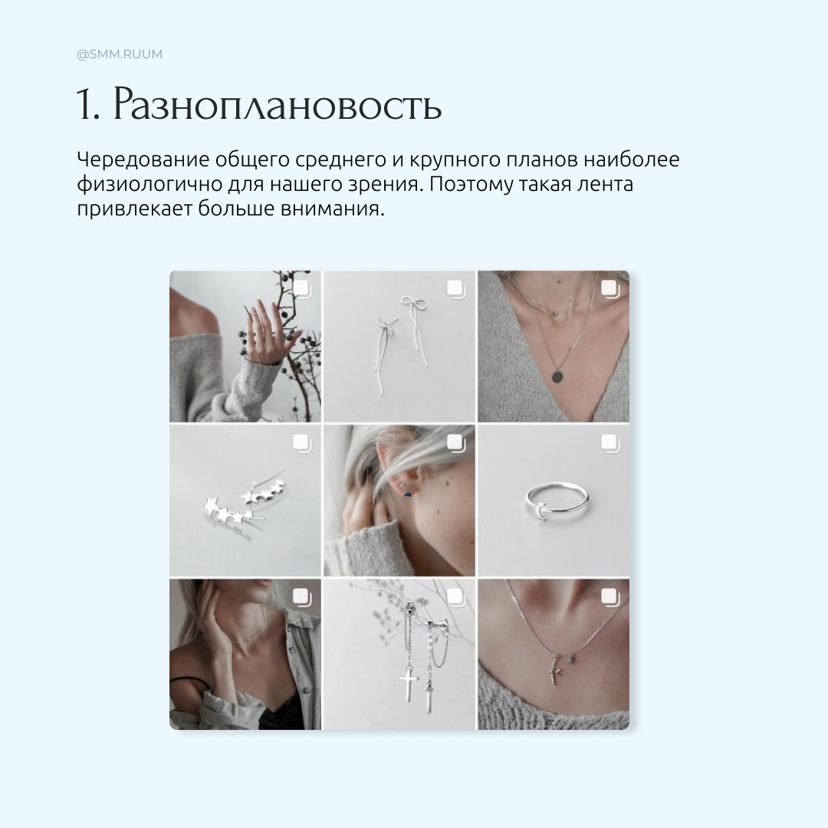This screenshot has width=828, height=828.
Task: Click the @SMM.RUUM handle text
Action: tap(119, 54)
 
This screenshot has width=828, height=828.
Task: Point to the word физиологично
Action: tap(140, 185)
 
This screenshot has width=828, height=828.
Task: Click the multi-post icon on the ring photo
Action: tap(609, 442)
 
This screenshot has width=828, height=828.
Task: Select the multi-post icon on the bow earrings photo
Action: tap(455, 288)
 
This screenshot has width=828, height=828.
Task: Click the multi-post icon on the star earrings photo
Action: tap(301, 442)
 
